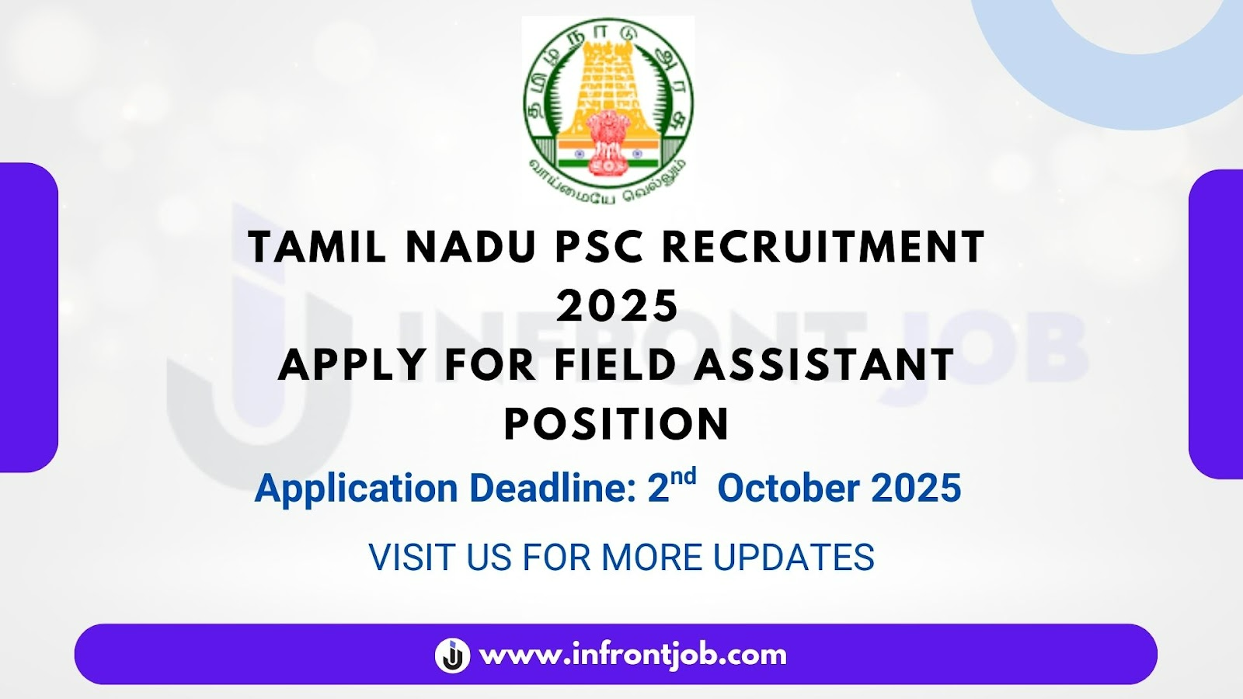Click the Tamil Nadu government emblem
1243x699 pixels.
click(x=608, y=108)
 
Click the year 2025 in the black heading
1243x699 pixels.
click(x=618, y=305)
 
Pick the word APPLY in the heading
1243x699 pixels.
click(x=352, y=364)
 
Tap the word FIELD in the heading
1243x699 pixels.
click(x=615, y=364)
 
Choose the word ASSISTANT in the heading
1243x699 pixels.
click(x=824, y=364)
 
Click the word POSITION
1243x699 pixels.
click(x=617, y=423)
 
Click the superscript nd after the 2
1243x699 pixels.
click(x=684, y=477)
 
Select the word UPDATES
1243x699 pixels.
click(x=794, y=557)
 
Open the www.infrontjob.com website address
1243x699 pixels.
click(x=632, y=656)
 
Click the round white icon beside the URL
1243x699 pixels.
click(x=452, y=656)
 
